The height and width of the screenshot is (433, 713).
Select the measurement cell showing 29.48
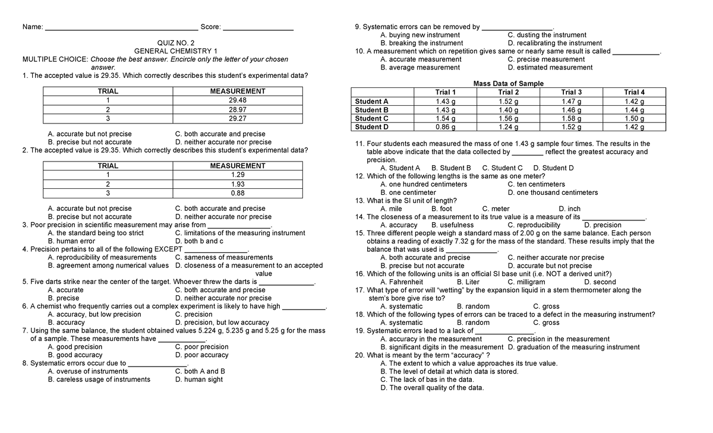[238, 100]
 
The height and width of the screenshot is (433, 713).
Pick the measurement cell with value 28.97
[238, 110]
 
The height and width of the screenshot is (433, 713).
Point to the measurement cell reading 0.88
[238, 193]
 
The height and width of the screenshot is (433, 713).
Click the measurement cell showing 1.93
[238, 184]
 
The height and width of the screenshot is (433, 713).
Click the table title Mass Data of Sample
[508, 84]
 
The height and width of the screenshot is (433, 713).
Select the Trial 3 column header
[571, 92]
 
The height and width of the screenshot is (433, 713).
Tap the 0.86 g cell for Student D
[446, 127]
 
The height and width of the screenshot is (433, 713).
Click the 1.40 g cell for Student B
[508, 110]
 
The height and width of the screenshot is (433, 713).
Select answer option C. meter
[496, 209]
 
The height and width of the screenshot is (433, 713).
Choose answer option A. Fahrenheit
[402, 282]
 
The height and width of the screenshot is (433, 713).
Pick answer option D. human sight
[199, 380]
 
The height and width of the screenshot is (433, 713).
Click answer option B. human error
[71, 242]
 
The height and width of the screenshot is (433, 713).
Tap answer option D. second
[600, 282]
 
